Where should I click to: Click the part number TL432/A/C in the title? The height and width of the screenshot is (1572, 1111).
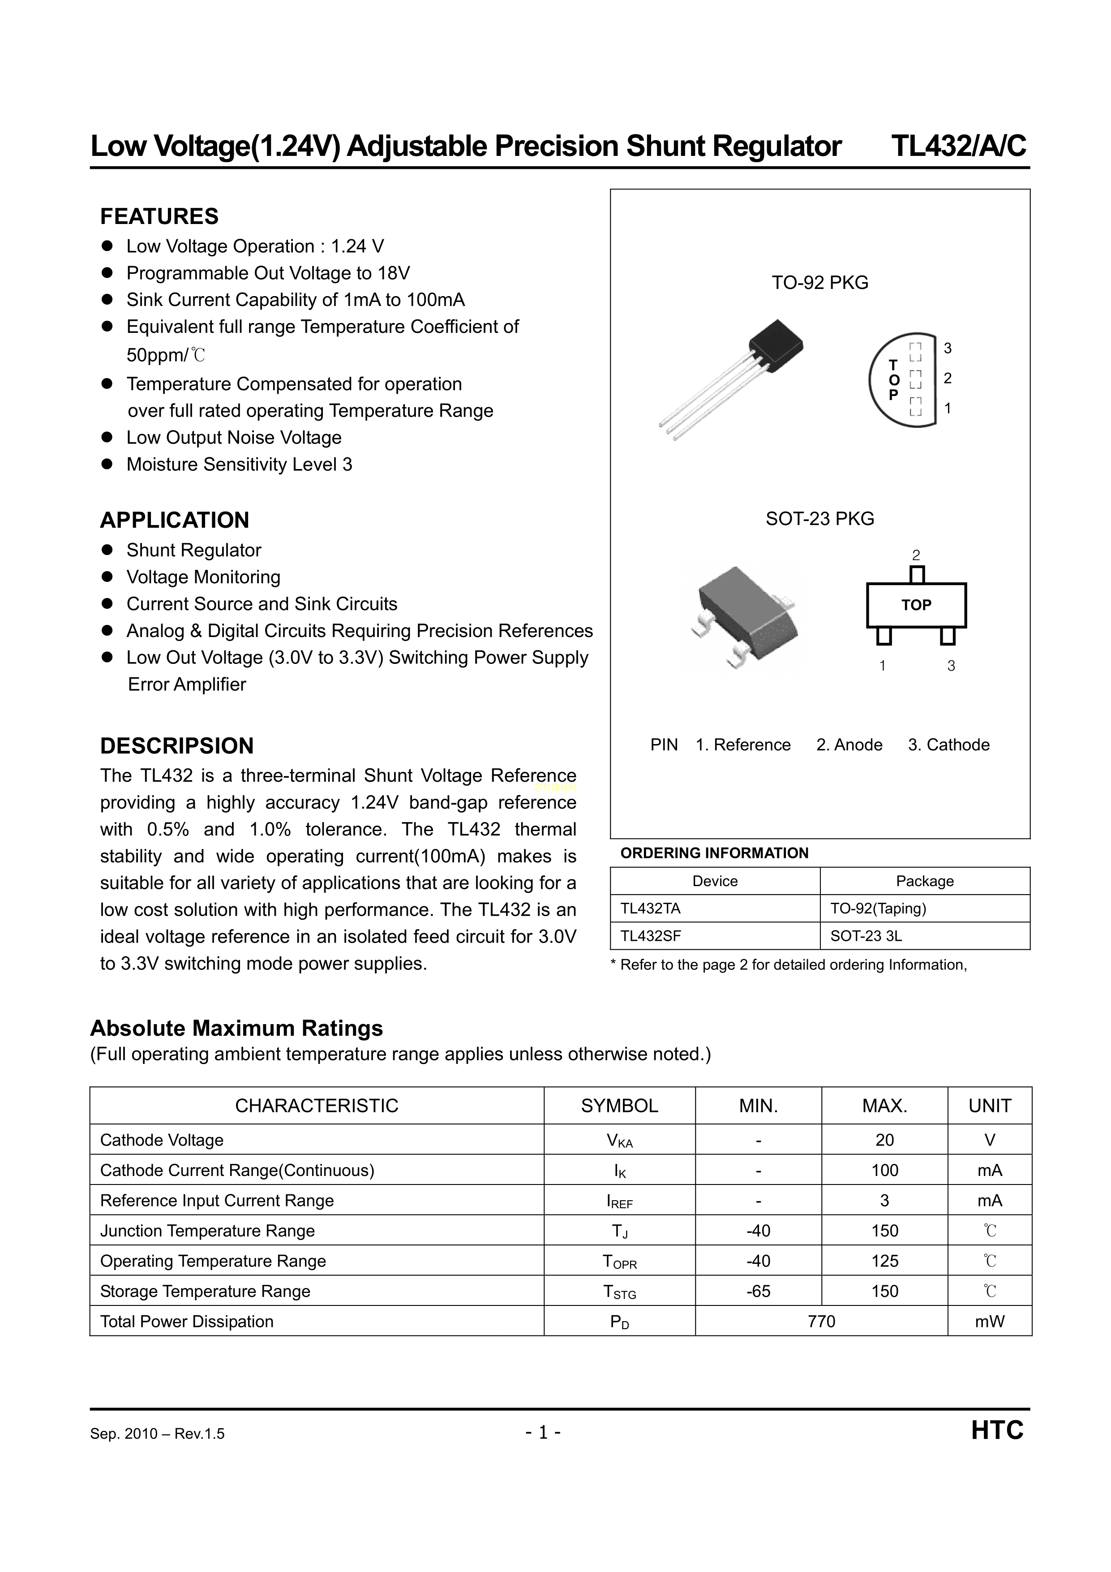958,146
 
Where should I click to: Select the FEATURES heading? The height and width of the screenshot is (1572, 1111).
159,216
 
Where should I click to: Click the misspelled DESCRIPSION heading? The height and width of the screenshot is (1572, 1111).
176,745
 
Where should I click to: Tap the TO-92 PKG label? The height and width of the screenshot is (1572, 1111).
819,283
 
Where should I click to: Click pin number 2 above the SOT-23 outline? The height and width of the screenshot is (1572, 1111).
916,555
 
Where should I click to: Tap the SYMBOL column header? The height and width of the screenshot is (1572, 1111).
619,1106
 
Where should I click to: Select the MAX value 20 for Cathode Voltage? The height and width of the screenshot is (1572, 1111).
884,1140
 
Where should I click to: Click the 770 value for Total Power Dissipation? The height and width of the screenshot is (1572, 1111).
821,1322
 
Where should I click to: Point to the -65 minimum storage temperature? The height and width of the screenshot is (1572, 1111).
759,1291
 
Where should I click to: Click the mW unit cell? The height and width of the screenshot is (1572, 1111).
990,1322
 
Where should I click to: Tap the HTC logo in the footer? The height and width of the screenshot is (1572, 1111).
997,1431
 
